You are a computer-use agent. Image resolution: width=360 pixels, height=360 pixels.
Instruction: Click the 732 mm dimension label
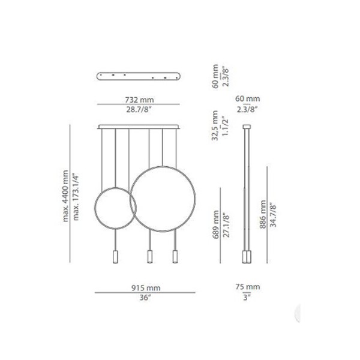(x=139, y=100)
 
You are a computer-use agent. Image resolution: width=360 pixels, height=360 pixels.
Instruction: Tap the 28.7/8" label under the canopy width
(x=139, y=110)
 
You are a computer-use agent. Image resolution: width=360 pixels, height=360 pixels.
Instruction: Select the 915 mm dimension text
(x=146, y=288)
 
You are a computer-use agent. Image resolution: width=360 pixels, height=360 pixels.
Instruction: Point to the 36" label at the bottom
(x=146, y=298)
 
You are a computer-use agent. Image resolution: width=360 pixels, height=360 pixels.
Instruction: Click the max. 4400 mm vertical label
(x=65, y=196)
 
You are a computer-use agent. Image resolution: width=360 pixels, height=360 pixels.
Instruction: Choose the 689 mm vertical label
(x=216, y=224)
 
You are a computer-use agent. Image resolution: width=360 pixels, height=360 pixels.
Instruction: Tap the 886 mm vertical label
(x=263, y=214)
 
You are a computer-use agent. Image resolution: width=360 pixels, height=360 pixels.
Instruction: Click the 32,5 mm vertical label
(x=215, y=125)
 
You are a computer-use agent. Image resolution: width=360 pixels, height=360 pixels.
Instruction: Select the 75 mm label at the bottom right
(x=247, y=287)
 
